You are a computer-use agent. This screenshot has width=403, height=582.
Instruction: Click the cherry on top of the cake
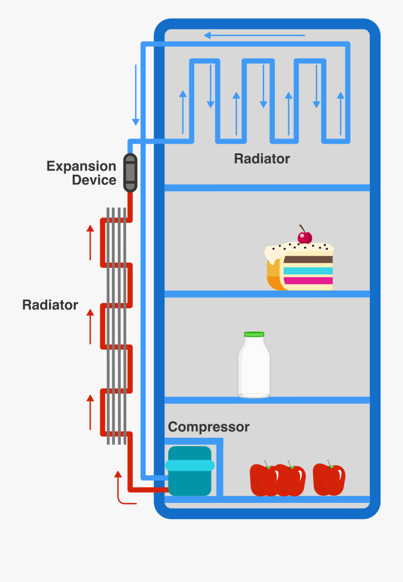305,237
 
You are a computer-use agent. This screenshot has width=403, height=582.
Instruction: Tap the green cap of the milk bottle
254,334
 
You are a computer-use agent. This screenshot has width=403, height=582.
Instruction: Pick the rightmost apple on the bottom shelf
329,480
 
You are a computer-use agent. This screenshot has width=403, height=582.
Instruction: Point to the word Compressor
208,427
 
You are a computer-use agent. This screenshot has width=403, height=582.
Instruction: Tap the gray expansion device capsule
130,173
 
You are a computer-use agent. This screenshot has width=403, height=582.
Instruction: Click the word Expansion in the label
81,166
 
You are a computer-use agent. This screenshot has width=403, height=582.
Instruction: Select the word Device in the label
94,180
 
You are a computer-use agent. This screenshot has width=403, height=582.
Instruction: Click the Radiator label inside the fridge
262,159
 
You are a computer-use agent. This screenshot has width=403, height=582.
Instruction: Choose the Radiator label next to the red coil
50,305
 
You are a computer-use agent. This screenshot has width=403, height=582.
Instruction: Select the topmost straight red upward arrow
90,242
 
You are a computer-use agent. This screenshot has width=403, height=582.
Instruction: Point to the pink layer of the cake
308,281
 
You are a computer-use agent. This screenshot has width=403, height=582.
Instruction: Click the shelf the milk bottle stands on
267,400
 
